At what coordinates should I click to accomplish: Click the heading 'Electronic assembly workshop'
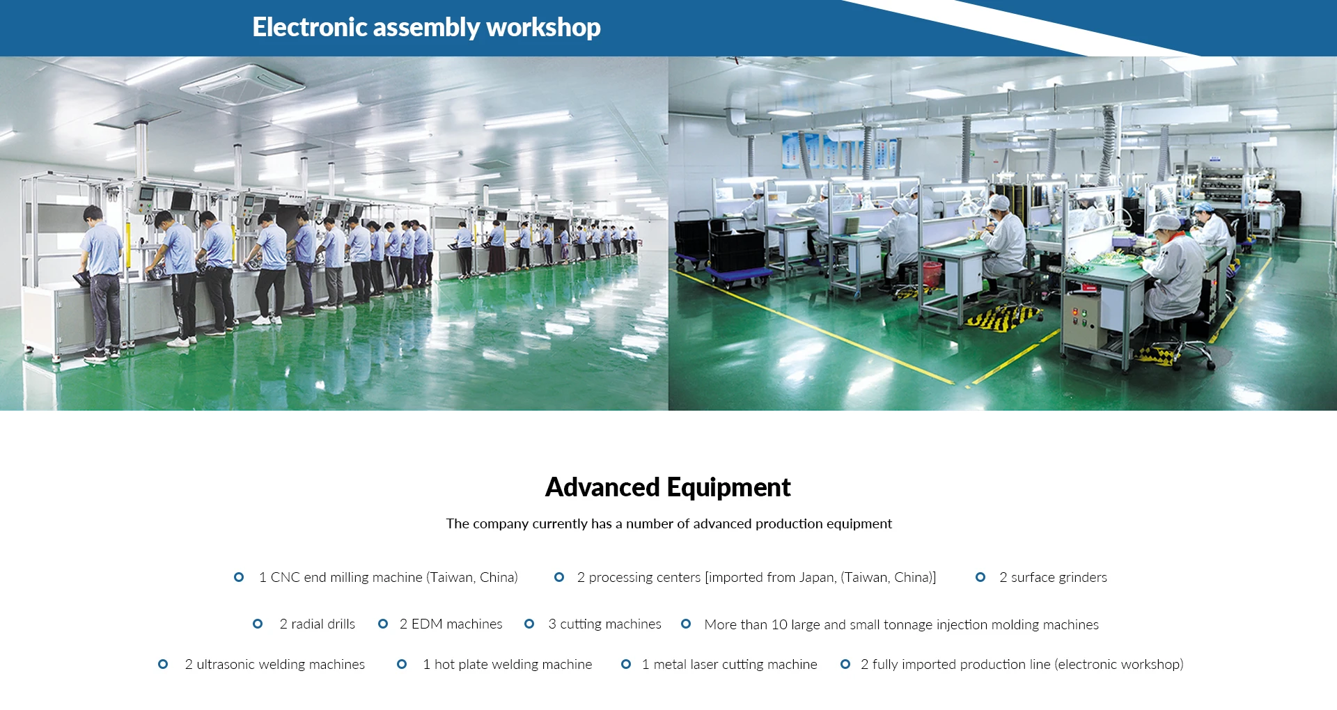pyautogui.click(x=426, y=27)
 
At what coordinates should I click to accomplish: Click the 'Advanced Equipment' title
pyautogui.click(x=668, y=487)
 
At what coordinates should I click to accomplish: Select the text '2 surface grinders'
pyautogui.click(x=1053, y=577)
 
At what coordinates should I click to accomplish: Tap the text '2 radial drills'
pyautogui.click(x=318, y=624)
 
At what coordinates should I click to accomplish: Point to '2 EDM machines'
pyautogui.click(x=451, y=624)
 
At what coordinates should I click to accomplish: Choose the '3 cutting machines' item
pyautogui.click(x=604, y=624)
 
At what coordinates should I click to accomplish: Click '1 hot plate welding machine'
pyautogui.click(x=508, y=664)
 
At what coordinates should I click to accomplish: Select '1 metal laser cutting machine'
pyautogui.click(x=729, y=664)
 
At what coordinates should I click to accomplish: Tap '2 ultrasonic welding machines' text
pyautogui.click(x=274, y=664)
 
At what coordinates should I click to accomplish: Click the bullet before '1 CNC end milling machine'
pyautogui.click(x=239, y=577)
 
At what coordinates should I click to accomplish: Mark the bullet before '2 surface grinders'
pyautogui.click(x=980, y=577)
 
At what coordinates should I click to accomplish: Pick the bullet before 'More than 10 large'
pyautogui.click(x=686, y=624)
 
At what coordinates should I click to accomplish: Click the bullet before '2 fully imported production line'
pyautogui.click(x=845, y=664)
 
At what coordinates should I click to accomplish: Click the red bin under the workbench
pyautogui.click(x=932, y=274)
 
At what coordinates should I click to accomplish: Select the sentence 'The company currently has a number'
pyautogui.click(x=668, y=523)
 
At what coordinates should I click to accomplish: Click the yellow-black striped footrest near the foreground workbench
pyautogui.click(x=1001, y=317)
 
